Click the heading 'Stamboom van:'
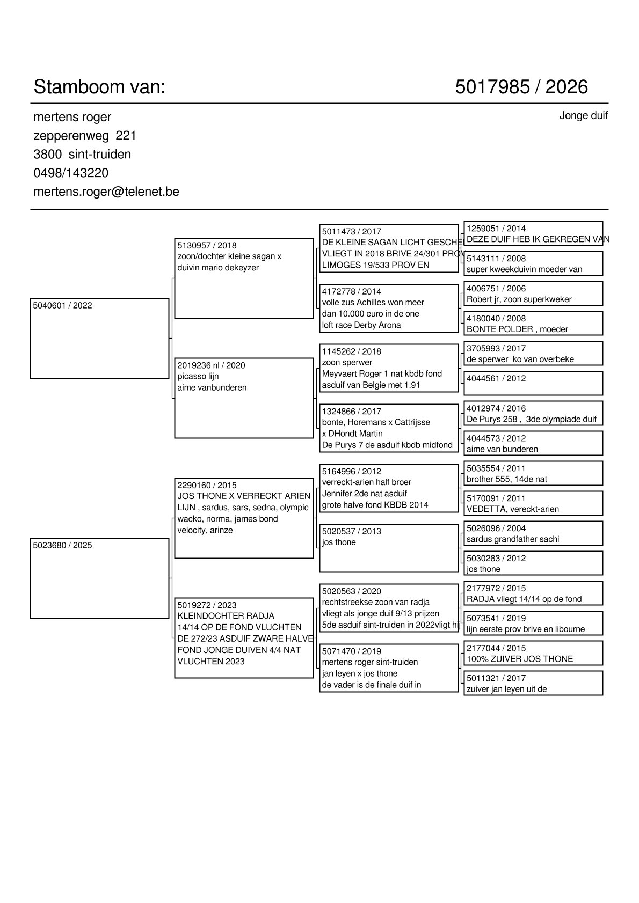(x=99, y=87)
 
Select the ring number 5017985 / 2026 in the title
(x=521, y=87)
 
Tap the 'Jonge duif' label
(x=583, y=116)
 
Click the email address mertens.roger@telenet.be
(x=106, y=192)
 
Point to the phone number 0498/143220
(x=71, y=173)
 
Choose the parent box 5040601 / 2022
(x=100, y=339)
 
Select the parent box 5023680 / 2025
(x=100, y=578)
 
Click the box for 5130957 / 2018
(x=244, y=278)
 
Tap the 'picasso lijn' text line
(x=198, y=377)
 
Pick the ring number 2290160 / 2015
(x=207, y=486)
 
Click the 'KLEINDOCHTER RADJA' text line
(x=226, y=616)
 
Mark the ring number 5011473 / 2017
(x=351, y=232)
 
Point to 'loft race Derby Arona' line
(x=361, y=325)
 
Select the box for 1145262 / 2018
(x=389, y=369)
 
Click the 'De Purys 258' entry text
(x=492, y=420)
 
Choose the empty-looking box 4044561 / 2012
(x=533, y=383)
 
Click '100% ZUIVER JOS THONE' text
(x=520, y=659)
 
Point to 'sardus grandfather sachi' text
(x=513, y=539)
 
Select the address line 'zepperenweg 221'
(x=85, y=136)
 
